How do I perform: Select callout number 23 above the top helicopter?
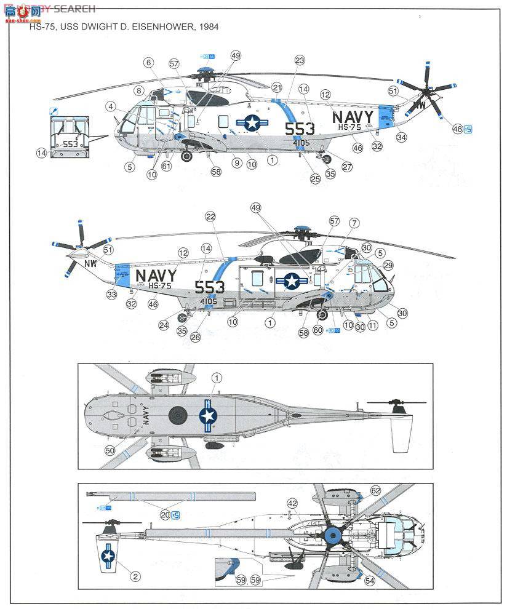pos(300,60)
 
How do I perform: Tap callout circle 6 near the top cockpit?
pos(148,63)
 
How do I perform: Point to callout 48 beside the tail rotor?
pos(457,129)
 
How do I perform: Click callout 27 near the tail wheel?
pos(346,167)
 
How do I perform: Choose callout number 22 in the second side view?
pos(210,217)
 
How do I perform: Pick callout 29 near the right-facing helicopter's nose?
pos(387,265)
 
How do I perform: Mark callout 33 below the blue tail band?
pos(113,295)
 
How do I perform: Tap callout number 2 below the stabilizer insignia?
pos(134,576)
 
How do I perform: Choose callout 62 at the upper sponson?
pos(375,490)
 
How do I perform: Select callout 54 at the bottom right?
pos(369,580)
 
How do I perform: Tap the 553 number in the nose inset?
pos(70,143)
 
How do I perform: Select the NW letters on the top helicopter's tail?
pos(421,105)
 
